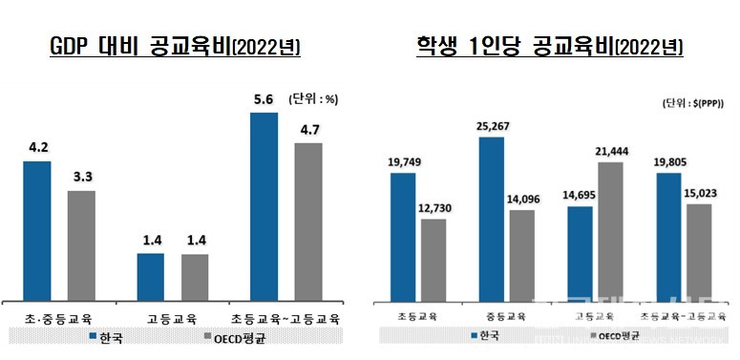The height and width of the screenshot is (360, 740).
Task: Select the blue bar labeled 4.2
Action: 36,230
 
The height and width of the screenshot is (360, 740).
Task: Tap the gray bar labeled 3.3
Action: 81,244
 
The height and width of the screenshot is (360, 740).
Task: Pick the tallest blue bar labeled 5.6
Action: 264,206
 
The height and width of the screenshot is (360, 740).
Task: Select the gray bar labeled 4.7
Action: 308,221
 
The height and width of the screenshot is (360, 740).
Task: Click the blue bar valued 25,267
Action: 492,219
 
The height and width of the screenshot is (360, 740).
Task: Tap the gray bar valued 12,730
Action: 433,259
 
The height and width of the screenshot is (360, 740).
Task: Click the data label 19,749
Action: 403,162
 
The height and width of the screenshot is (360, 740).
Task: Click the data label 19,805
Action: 668,162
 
